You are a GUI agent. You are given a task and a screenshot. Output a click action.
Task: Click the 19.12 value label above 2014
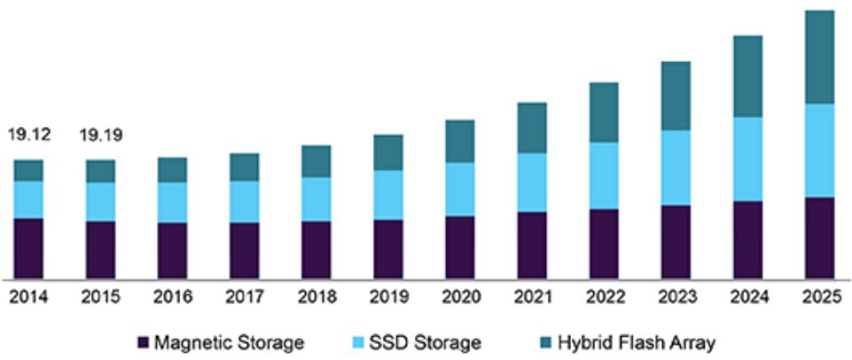tap(29, 136)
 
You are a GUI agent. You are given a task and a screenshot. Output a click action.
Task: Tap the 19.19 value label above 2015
tap(101, 136)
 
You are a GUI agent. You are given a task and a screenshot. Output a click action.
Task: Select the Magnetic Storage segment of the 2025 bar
tap(818, 237)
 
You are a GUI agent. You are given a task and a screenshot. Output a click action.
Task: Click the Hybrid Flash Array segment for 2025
tap(818, 57)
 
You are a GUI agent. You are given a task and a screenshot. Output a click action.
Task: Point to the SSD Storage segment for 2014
tap(29, 200)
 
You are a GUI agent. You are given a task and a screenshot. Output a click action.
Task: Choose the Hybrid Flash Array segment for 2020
tap(459, 141)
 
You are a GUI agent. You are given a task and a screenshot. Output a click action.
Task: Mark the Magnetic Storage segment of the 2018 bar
tap(316, 249)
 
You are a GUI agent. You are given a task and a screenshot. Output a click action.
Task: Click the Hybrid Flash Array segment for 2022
tap(603, 113)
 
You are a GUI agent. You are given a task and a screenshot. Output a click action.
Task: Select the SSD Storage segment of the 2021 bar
tap(531, 183)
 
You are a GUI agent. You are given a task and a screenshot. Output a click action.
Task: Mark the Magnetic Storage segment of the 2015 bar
tap(101, 249)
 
